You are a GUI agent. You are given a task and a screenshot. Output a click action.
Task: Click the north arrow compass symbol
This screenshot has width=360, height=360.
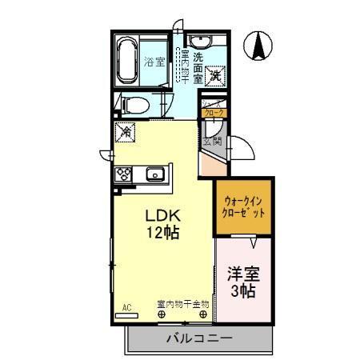(259, 45)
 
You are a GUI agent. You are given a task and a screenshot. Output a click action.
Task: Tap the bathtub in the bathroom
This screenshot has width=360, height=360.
(129, 61)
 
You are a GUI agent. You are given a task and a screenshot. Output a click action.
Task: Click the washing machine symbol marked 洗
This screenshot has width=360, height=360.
(215, 77)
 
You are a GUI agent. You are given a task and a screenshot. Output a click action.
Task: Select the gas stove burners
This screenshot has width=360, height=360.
(126, 173)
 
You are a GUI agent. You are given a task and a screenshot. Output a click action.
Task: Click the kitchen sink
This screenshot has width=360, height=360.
(155, 174)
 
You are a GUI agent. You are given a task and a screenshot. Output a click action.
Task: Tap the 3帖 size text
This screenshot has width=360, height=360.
(243, 292)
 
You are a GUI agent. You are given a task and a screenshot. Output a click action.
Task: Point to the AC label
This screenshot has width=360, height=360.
(126, 306)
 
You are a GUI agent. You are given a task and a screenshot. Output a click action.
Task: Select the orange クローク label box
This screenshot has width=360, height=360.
(214, 113)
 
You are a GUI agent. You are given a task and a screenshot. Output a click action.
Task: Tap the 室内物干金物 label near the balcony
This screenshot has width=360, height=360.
(182, 304)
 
